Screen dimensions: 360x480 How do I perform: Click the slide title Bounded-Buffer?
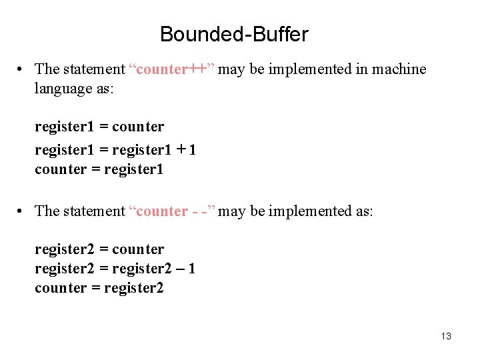pyautogui.click(x=234, y=34)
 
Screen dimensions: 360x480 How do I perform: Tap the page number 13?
pyautogui.click(x=446, y=336)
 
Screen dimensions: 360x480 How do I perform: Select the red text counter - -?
pyautogui.click(x=173, y=211)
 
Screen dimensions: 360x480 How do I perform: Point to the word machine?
pyautogui.click(x=399, y=69)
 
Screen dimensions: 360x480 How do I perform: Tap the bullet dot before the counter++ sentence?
pyautogui.click(x=22, y=69)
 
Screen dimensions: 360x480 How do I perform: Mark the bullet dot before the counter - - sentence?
pyautogui.click(x=22, y=211)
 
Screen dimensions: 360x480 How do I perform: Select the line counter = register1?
pyautogui.click(x=99, y=169)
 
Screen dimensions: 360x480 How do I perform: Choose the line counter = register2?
pyautogui.click(x=99, y=288)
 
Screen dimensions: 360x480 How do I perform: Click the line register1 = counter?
pyautogui.click(x=99, y=127)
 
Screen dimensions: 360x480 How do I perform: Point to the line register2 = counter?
pyautogui.click(x=99, y=249)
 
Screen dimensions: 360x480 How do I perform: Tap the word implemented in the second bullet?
pyautogui.click(x=309, y=211)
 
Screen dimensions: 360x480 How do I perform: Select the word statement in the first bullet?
pyautogui.click(x=93, y=69)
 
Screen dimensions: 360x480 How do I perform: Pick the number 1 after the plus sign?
pyautogui.click(x=192, y=149)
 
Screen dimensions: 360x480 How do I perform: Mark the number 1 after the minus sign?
pyautogui.click(x=192, y=269)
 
